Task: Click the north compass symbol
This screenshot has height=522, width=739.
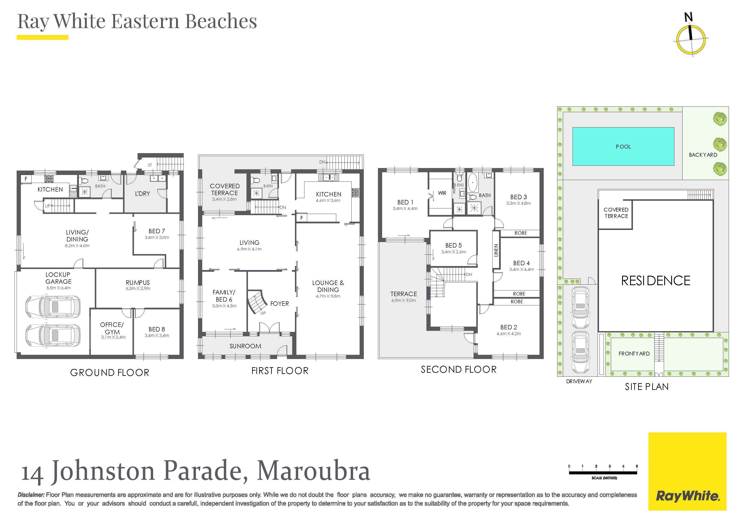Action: point(691,38)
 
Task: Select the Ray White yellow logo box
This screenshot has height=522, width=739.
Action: point(687,472)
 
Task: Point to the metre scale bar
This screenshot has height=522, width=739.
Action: point(603,473)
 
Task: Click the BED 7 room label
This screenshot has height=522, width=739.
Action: point(157,231)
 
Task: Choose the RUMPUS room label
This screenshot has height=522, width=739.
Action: point(138,282)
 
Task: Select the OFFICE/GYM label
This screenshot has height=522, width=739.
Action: point(112,328)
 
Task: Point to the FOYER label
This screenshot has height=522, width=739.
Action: point(279,304)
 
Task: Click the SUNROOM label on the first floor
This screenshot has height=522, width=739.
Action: point(245,346)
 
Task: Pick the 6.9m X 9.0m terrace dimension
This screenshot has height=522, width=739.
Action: point(404,301)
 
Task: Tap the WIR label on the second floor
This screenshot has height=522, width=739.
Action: point(442,193)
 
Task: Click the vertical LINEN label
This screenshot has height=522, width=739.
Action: point(496,250)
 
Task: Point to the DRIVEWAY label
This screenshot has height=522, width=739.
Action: point(579,382)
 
